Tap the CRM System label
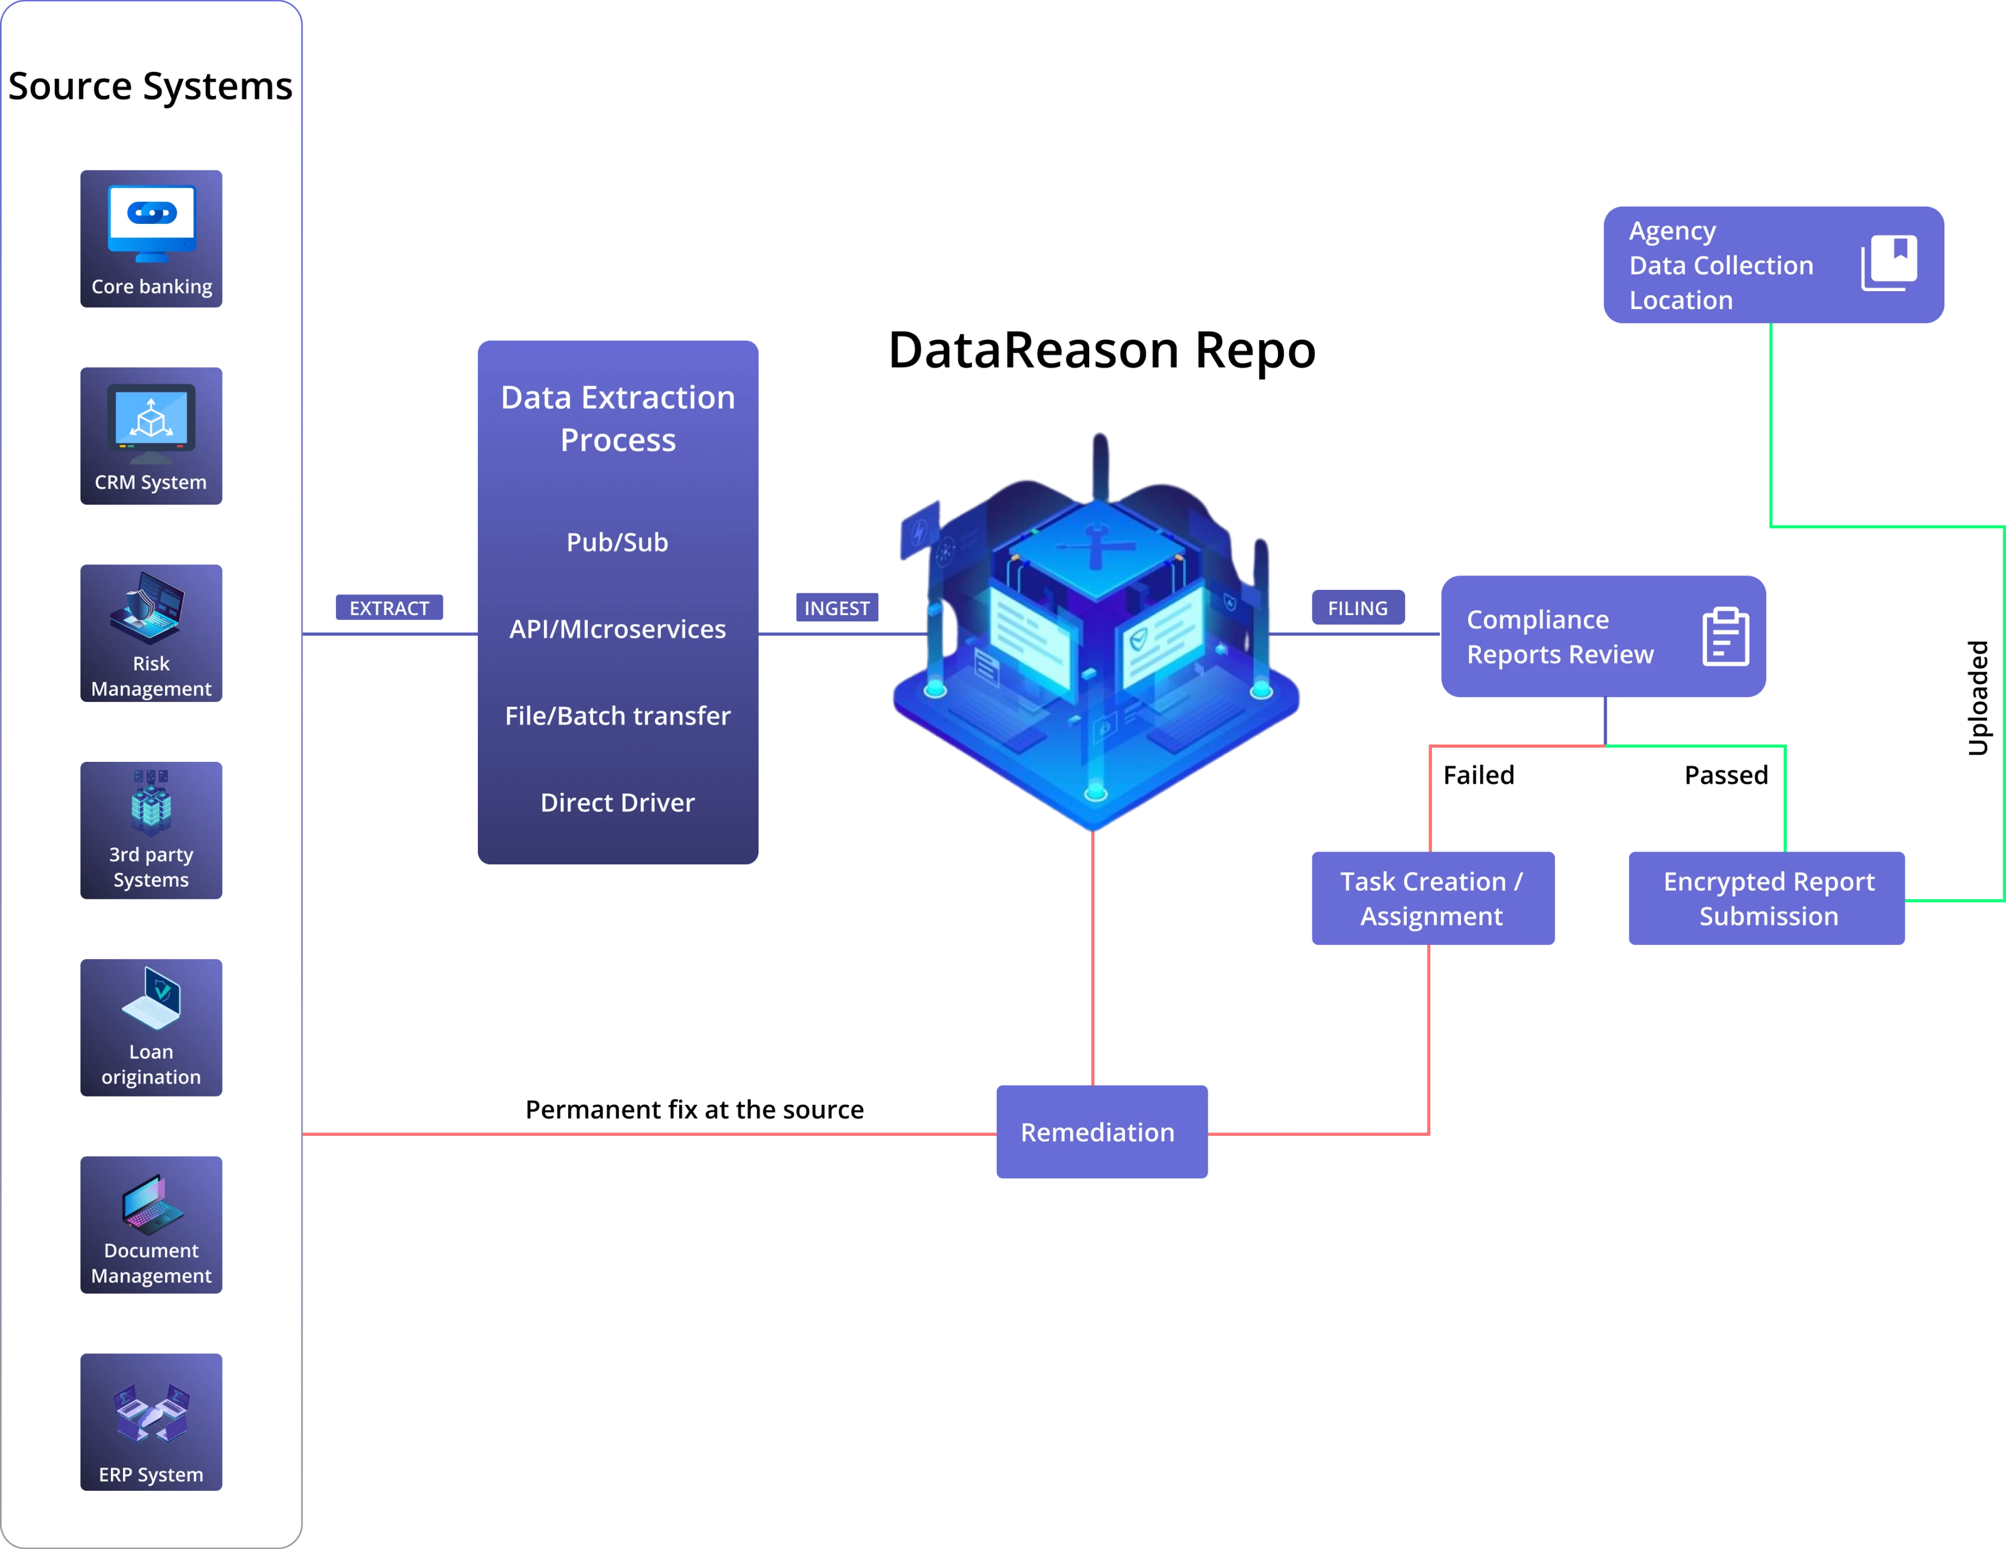click(x=151, y=482)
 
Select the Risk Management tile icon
click(x=150, y=607)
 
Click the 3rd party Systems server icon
click(x=151, y=802)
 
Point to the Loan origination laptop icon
click(x=152, y=999)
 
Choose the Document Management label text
click(x=151, y=1263)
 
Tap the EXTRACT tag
click(x=389, y=608)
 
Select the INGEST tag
click(x=837, y=608)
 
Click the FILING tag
click(x=1357, y=608)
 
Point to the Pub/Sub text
click(x=617, y=542)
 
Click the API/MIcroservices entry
click(x=617, y=629)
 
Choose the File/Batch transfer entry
click(x=617, y=716)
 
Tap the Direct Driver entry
click(x=617, y=803)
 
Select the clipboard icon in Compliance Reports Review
click(x=1725, y=636)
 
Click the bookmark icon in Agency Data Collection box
click(x=1889, y=263)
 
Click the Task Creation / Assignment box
click(x=1431, y=899)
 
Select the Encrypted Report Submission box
click(x=1768, y=899)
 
